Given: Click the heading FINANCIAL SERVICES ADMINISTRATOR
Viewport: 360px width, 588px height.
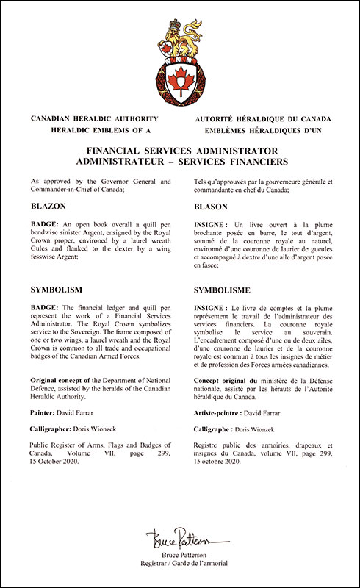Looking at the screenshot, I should pyautogui.click(x=180, y=149).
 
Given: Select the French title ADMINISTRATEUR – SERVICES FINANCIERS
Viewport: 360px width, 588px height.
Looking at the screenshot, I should pyautogui.click(x=180, y=161).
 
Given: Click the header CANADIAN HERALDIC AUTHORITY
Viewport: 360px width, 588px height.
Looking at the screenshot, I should pyautogui.click(x=90, y=119).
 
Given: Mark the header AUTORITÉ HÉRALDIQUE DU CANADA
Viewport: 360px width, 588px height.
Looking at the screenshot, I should pyautogui.click(x=264, y=119).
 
